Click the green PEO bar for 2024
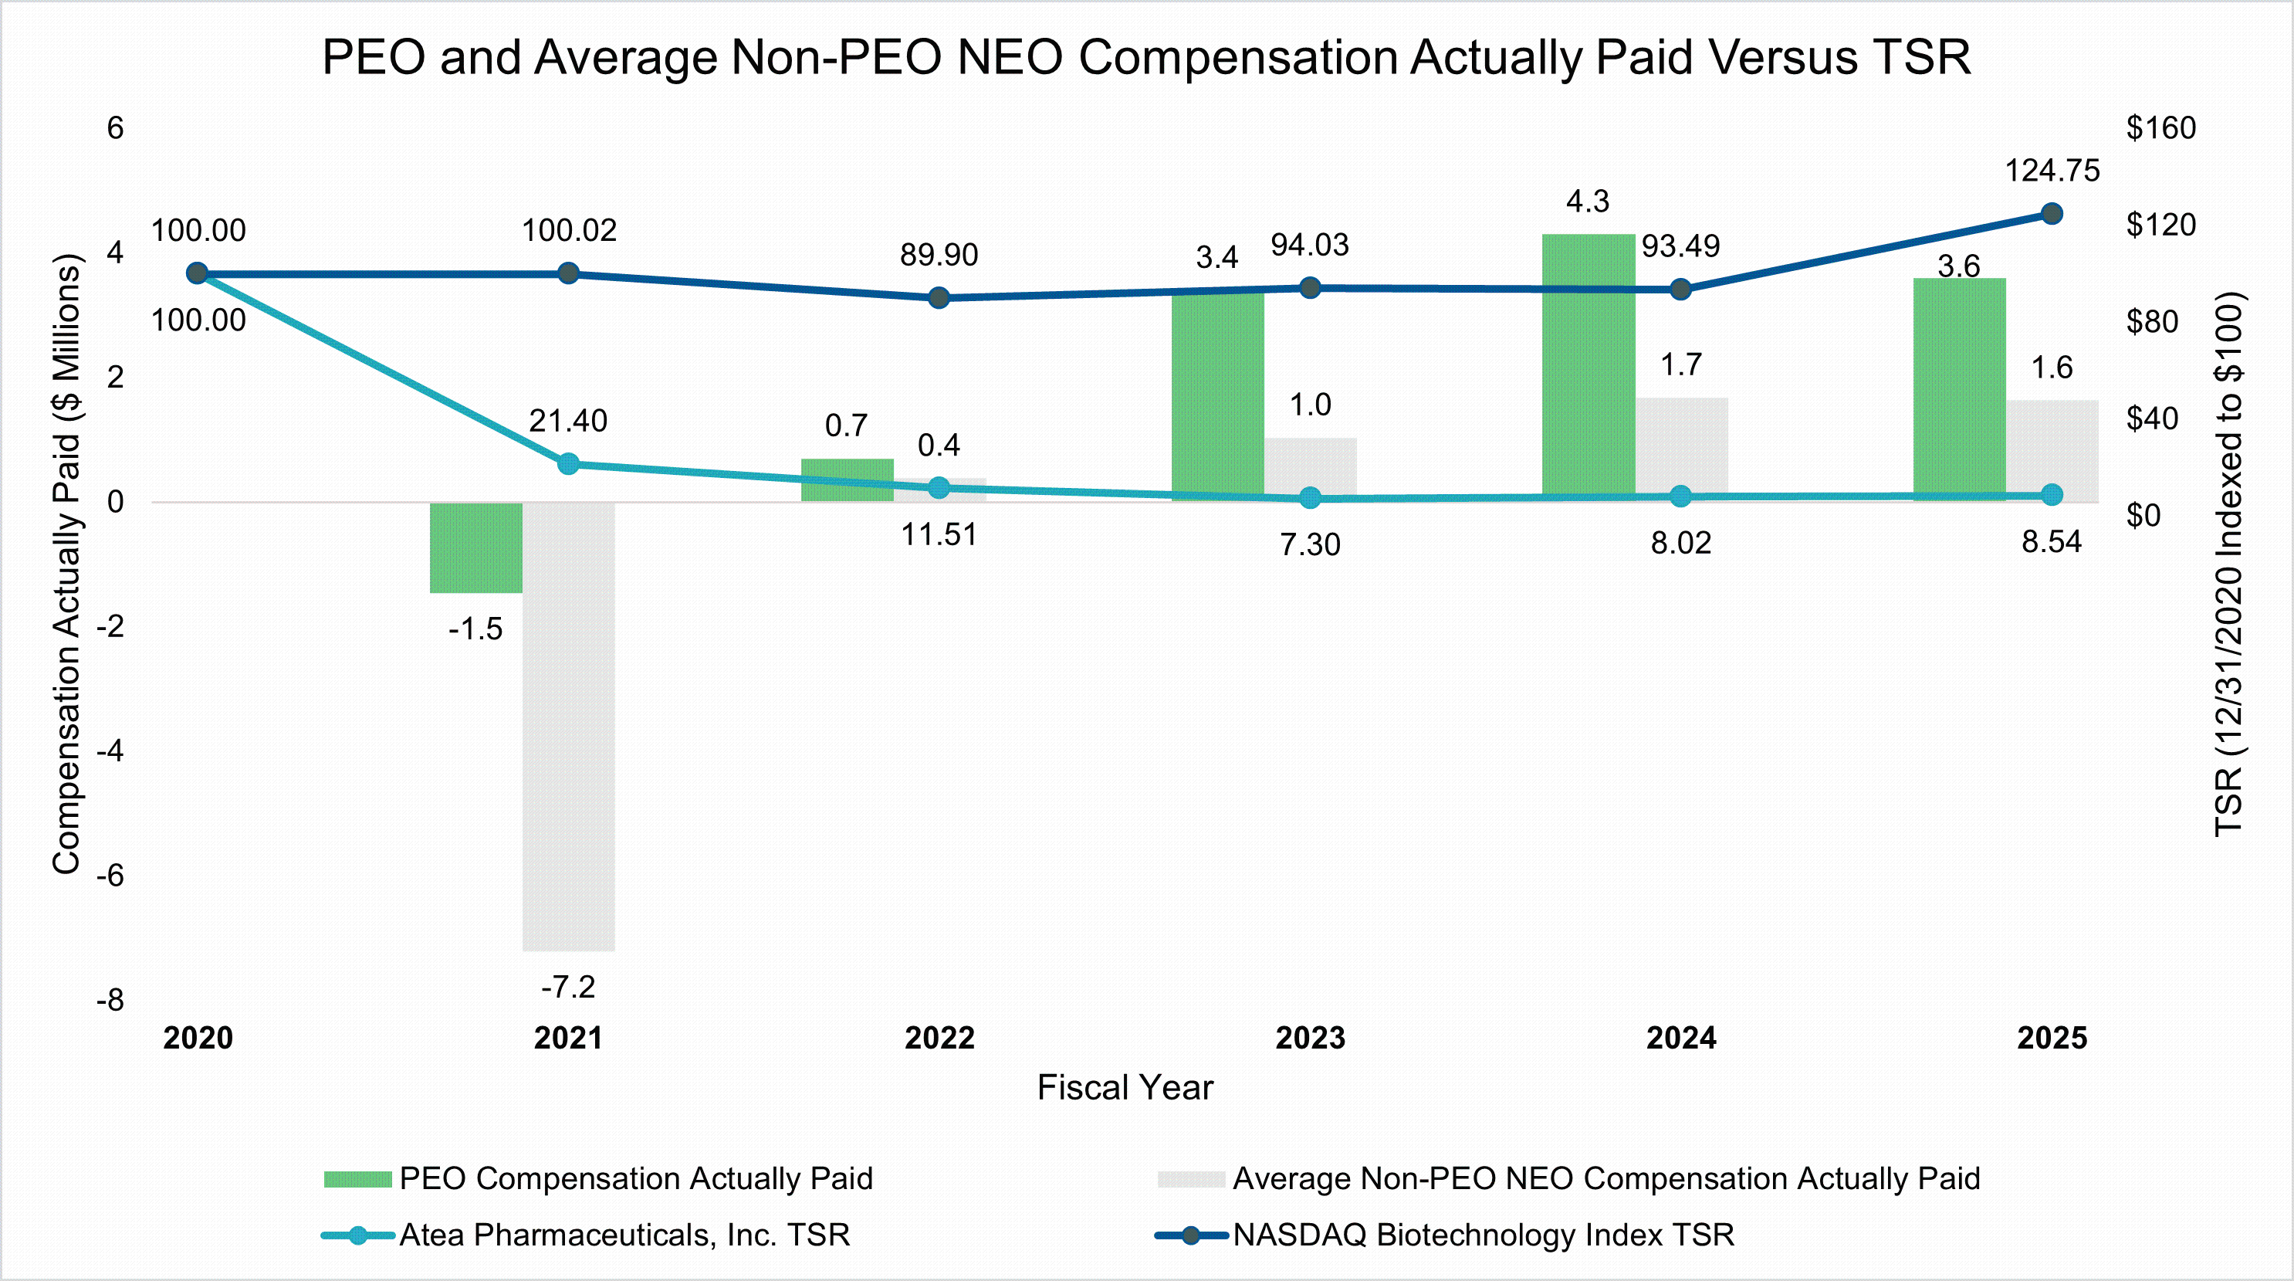(x=1588, y=365)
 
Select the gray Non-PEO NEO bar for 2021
(x=568, y=726)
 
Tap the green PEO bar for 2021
(x=475, y=547)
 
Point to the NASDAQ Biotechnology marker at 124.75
(x=2052, y=214)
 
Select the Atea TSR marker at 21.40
(x=568, y=463)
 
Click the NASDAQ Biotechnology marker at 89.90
(x=939, y=297)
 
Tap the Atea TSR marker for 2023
(x=1310, y=498)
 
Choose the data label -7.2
(x=568, y=987)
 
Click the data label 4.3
(x=1588, y=202)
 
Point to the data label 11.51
(x=939, y=534)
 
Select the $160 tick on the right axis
(x=2160, y=128)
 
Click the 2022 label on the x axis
(x=939, y=1038)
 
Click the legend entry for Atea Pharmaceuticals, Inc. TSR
(x=624, y=1235)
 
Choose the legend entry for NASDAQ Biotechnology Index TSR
(x=1483, y=1235)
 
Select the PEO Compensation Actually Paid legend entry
(x=635, y=1178)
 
